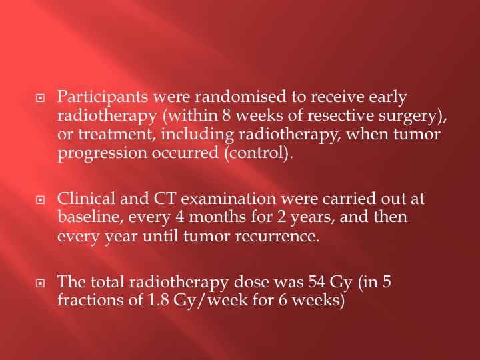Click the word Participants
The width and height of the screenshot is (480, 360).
point(103,97)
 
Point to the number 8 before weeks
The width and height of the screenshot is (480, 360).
point(227,115)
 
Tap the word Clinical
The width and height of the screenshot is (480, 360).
point(86,198)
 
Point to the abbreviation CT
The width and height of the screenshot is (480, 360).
point(164,198)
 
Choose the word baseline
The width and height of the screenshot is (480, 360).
point(90,217)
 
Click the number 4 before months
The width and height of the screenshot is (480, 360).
point(180,217)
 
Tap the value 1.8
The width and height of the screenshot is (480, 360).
point(158,300)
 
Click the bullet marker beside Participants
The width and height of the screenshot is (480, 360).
point(41,98)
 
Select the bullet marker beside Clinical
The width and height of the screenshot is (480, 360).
point(41,200)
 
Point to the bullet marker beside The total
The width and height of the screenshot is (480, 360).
point(41,283)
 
